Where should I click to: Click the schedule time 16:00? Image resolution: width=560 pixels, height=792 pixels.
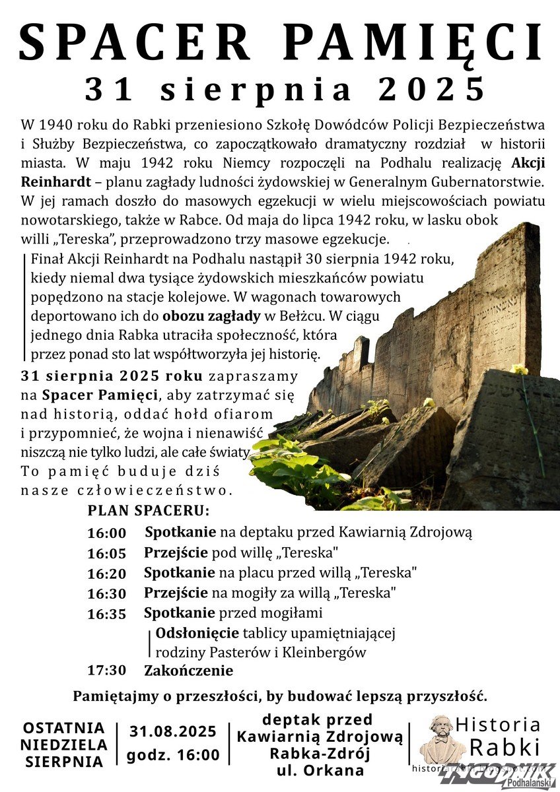point(106,533)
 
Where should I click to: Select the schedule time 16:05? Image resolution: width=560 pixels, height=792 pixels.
point(106,553)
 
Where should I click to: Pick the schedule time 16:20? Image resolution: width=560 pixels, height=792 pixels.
point(106,574)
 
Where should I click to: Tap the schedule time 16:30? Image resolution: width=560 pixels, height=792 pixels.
point(106,593)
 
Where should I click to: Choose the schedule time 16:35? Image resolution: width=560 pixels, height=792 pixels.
point(106,614)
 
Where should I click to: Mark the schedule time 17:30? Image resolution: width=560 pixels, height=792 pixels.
point(106,671)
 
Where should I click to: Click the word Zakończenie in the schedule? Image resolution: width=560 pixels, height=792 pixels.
point(189,671)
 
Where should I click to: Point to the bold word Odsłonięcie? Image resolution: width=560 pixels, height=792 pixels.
point(197,634)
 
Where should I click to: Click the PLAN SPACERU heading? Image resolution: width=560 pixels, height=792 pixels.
point(149,511)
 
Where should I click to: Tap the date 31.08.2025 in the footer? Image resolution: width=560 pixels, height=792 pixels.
point(173,731)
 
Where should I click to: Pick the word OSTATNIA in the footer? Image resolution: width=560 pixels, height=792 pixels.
point(64,728)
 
